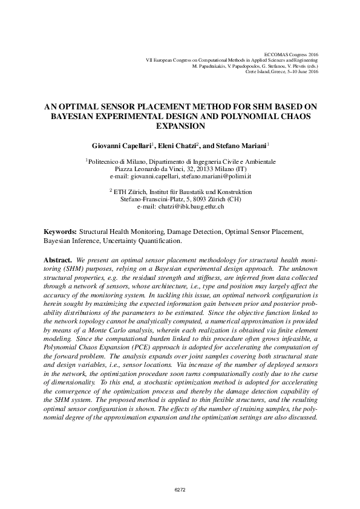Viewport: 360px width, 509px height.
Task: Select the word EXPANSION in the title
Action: point(180,126)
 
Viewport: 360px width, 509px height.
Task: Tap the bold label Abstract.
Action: point(58,259)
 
